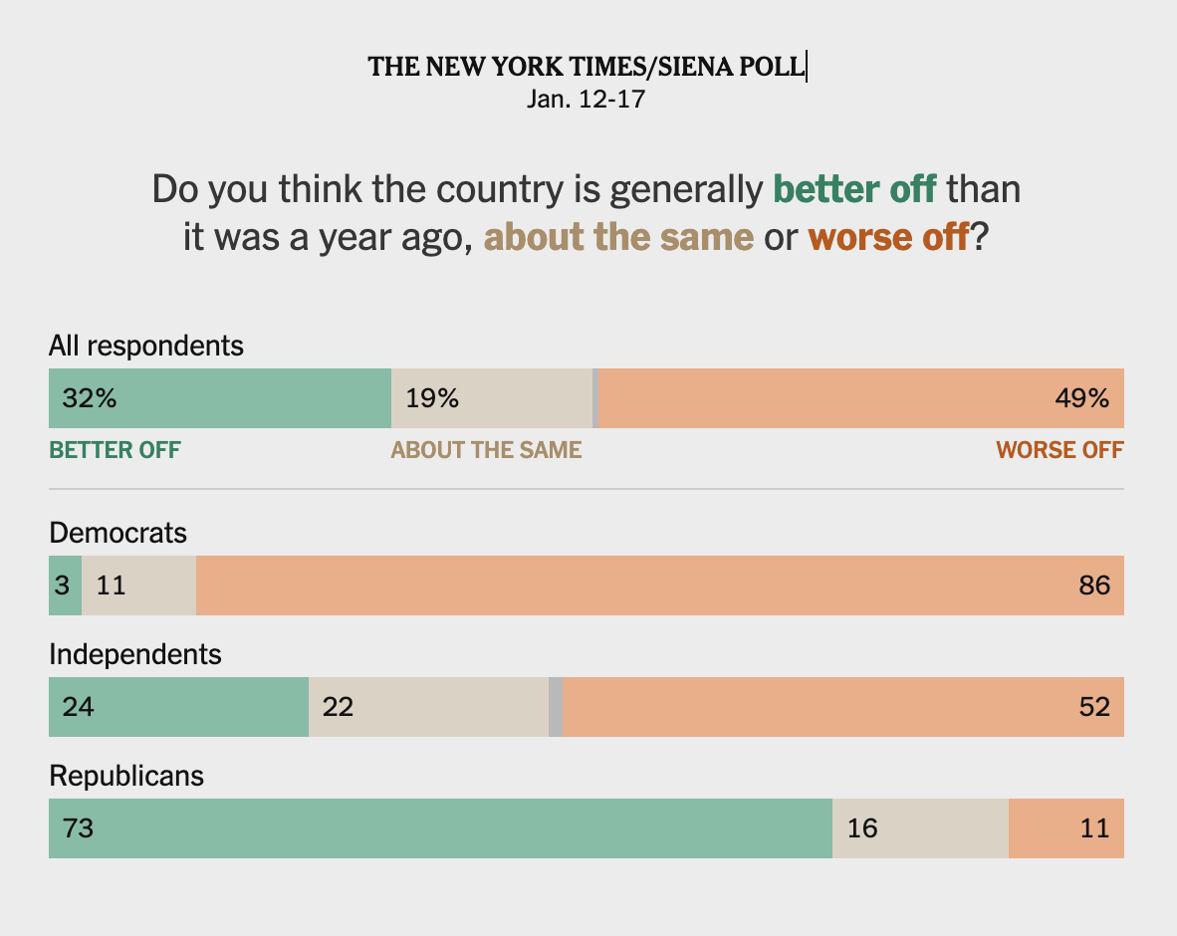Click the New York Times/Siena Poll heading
[587, 67]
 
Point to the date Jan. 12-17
[587, 100]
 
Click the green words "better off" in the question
[854, 188]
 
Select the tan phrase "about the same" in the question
[618, 238]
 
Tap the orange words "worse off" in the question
[888, 238]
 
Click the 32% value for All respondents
[90, 398]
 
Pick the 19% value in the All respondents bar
[432, 398]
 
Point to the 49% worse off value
[1081, 398]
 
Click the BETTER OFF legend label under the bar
[116, 450]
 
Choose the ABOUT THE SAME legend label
[486, 450]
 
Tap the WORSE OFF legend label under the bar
[1059, 450]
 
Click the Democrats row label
[118, 533]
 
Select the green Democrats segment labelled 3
[64, 585]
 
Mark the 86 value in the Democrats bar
[1093, 585]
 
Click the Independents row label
[135, 654]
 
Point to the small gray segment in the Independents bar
[556, 707]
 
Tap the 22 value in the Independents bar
[338, 707]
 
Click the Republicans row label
[126, 776]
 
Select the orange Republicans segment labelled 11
[1066, 828]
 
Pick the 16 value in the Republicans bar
[862, 828]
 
